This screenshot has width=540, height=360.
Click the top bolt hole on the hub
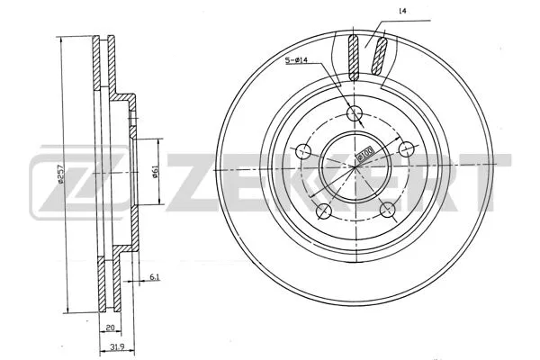click(x=355, y=113)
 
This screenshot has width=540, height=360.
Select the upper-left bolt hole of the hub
click(x=304, y=150)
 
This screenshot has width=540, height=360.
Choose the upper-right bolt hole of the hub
click(x=405, y=149)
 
